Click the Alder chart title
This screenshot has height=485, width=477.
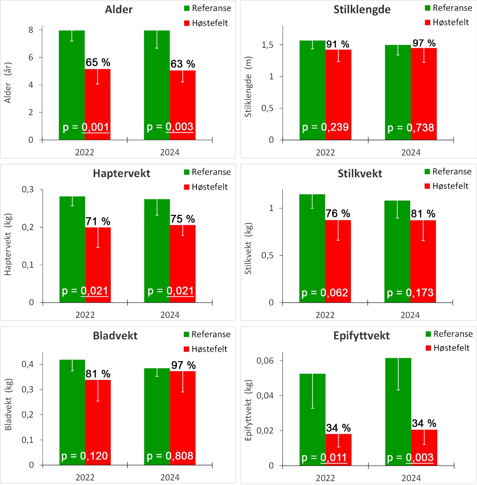(119, 9)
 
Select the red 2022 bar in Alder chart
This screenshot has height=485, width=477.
(97, 104)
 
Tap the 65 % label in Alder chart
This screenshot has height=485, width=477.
(98, 62)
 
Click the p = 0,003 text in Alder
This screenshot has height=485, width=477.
(170, 127)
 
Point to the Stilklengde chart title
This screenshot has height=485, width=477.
(362, 9)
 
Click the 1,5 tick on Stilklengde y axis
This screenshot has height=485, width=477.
(267, 45)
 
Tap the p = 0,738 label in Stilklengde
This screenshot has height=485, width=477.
(410, 128)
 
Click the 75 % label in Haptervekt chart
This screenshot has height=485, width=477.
(183, 219)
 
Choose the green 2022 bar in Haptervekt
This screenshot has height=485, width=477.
(72, 249)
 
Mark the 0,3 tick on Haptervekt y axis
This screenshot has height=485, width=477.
(28, 189)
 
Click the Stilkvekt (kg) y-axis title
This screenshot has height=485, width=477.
(248, 248)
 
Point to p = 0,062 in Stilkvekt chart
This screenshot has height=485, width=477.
(325, 293)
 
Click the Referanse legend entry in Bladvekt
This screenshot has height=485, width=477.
(207, 334)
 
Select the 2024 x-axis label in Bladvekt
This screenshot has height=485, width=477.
(170, 477)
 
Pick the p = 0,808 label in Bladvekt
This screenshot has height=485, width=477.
(170, 456)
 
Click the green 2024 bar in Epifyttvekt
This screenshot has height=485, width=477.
(398, 412)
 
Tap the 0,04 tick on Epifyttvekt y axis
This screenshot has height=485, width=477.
(265, 395)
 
